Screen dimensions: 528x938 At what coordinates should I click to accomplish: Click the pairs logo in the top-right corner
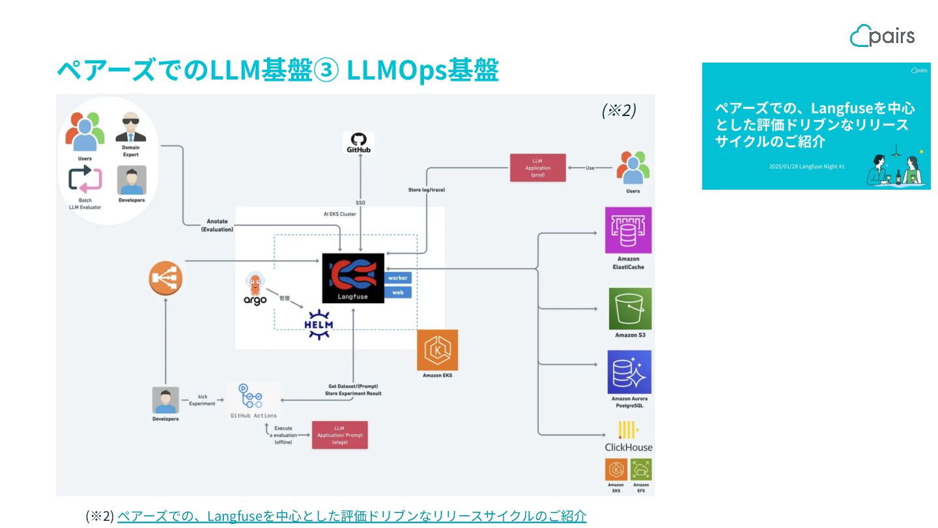[x=883, y=36]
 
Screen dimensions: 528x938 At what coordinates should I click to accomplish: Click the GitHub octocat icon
[x=359, y=139]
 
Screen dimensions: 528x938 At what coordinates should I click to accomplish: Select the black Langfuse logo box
[x=353, y=278]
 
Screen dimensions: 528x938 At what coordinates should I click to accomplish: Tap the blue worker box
[x=398, y=278]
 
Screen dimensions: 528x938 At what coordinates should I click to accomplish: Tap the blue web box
[x=398, y=292]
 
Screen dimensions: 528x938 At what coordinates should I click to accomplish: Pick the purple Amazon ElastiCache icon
[x=628, y=230]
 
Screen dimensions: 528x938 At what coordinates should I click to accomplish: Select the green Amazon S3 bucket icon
[x=630, y=308]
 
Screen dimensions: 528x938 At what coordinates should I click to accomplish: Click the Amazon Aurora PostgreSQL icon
[x=629, y=372]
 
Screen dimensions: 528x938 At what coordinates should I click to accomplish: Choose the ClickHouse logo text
[x=629, y=447]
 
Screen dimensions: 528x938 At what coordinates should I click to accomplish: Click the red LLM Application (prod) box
[x=537, y=168]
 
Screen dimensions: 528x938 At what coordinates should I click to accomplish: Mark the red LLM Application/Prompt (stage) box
[x=339, y=435]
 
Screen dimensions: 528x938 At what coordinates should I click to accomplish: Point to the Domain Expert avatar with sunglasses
[x=130, y=126]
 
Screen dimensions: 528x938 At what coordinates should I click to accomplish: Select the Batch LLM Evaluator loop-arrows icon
[x=85, y=179]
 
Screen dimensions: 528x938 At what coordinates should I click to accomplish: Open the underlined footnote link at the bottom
[x=352, y=516]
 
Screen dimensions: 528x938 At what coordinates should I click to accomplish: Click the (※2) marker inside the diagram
[x=618, y=110]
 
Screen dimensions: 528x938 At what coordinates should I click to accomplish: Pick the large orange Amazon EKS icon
[x=437, y=350]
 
